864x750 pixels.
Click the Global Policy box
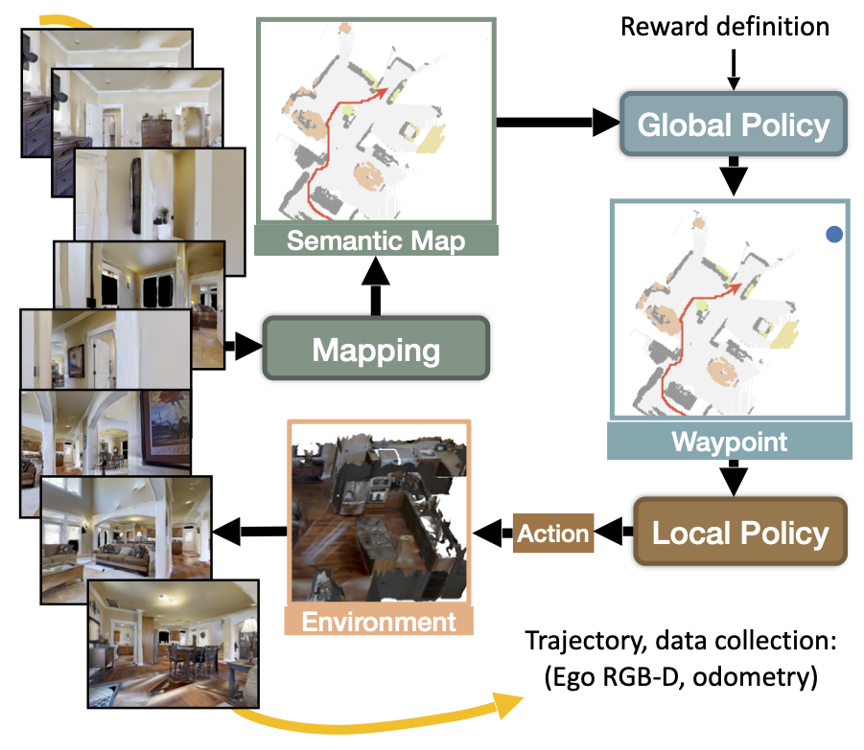734,125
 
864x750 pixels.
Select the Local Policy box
740,533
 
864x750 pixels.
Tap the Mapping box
376,349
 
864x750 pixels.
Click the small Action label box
553,533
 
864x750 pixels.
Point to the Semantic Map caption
376,240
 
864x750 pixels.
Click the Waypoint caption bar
730,442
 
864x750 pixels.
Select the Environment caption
379,622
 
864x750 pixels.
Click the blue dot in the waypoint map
834,235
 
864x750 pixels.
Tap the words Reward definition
725,27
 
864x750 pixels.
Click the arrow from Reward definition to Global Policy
734,69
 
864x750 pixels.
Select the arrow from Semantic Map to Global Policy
558,123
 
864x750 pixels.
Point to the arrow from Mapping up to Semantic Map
376,286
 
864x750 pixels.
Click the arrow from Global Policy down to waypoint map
734,175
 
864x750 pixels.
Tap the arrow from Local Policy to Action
614,533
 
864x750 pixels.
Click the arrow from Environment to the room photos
249,532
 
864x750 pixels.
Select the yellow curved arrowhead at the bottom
505,704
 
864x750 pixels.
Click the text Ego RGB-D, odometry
681,677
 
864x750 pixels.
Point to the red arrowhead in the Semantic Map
381,93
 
